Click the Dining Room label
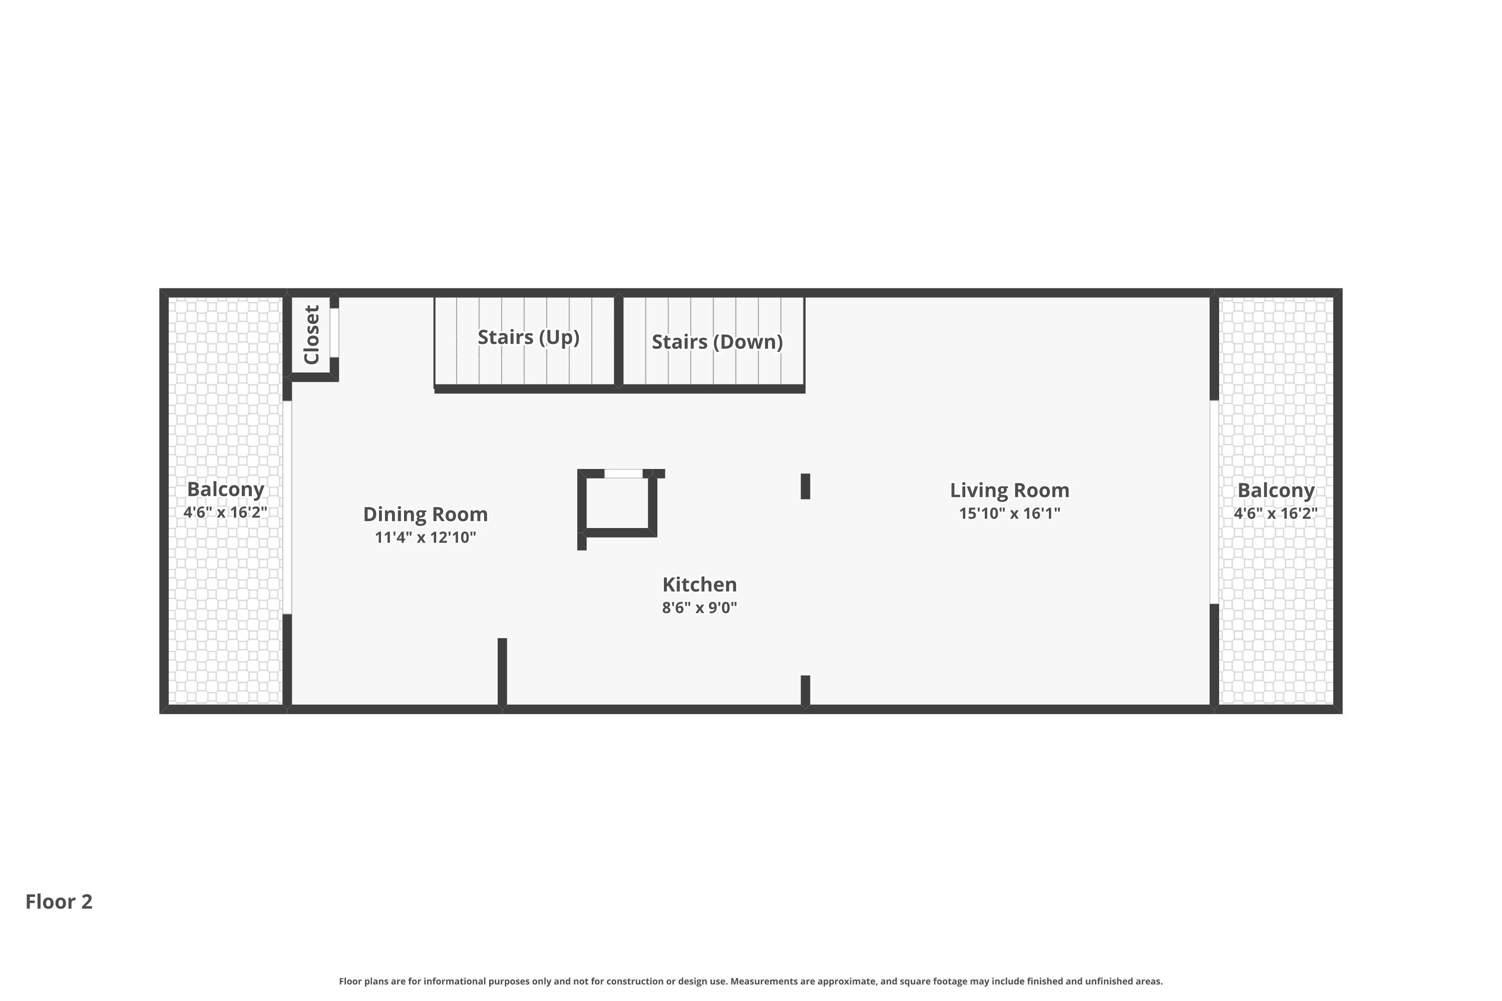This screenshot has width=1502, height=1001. (425, 515)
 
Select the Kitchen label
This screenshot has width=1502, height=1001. (699, 584)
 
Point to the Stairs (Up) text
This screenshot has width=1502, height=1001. (528, 337)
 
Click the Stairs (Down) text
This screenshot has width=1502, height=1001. (717, 341)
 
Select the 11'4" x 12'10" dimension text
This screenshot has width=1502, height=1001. (425, 538)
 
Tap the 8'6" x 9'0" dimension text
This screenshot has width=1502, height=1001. (699, 607)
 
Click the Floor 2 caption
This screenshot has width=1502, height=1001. (59, 901)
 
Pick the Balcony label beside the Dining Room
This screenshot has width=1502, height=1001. (225, 489)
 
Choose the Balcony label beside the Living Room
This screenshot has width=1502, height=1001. (1275, 490)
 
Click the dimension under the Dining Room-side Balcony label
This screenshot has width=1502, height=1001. (225, 512)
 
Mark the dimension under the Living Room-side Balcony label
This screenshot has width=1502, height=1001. (1275, 514)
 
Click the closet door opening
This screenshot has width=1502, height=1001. (334, 333)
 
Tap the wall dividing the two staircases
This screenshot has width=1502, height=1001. (618, 340)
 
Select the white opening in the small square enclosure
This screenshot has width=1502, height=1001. (623, 473)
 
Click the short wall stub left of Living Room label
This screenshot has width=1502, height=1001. (805, 486)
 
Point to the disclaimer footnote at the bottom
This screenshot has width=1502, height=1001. (750, 981)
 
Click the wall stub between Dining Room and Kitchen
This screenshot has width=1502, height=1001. (502, 672)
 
